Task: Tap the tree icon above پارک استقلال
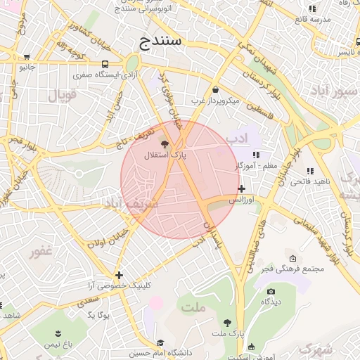coord(165,143)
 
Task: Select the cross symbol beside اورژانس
coord(241,188)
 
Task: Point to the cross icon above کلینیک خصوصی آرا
coord(119,275)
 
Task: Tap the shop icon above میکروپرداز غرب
coord(215,90)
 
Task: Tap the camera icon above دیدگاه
coord(271,291)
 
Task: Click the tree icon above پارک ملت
coord(226,322)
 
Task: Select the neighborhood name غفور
coord(39,250)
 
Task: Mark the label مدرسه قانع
coord(311,20)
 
